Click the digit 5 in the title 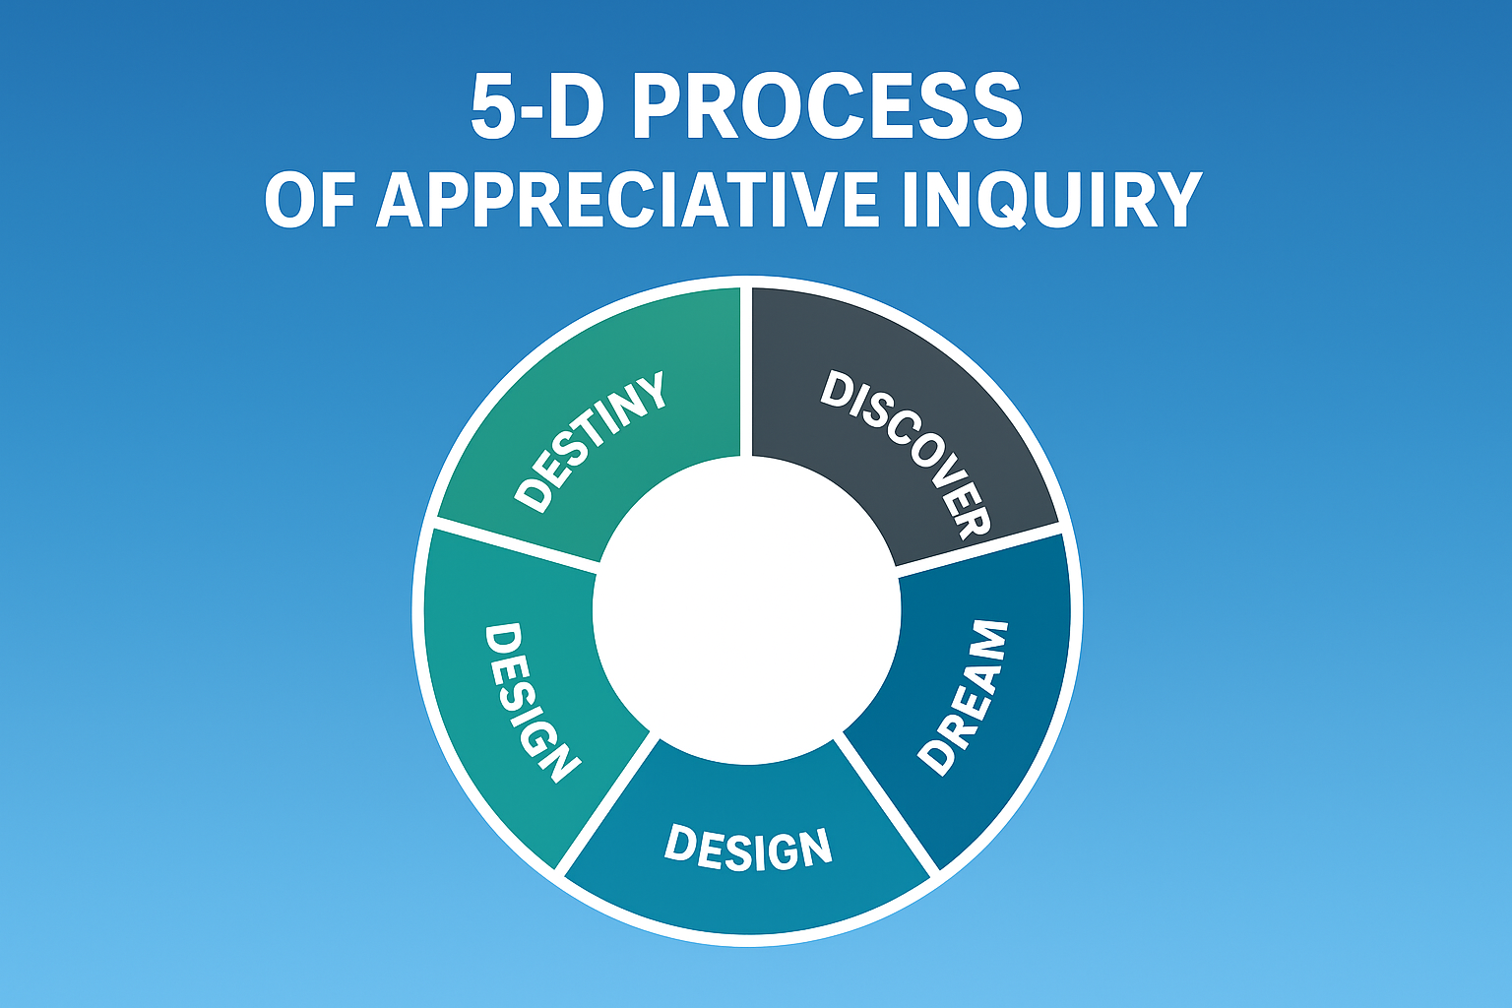[x=493, y=108]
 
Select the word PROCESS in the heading [x=827, y=107]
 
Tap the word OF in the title [x=310, y=199]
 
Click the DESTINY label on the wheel [x=590, y=441]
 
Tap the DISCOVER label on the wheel [x=906, y=455]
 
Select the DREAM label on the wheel [x=963, y=698]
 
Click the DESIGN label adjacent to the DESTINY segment [x=532, y=702]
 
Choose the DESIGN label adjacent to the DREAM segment [x=748, y=849]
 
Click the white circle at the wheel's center [x=746, y=610]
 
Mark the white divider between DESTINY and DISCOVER [x=746, y=370]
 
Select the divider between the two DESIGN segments [x=605, y=803]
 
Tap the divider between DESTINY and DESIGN [x=517, y=545]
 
